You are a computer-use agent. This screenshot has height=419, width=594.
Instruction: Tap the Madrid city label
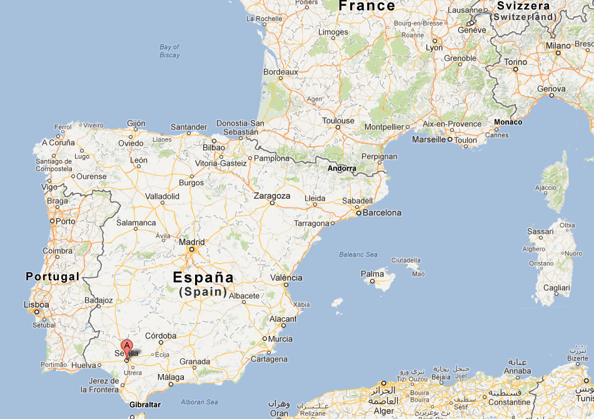[192, 242]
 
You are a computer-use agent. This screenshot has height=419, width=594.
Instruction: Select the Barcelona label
[382, 213]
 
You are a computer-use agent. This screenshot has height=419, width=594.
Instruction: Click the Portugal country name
[53, 276]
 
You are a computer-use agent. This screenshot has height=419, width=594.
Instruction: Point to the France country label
[366, 6]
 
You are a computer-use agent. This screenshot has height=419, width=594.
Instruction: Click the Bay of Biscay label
[169, 51]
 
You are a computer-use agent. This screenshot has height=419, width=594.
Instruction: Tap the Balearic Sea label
[358, 255]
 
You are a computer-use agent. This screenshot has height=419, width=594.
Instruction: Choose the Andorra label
[342, 168]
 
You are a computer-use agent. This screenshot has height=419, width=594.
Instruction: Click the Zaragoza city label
[272, 196]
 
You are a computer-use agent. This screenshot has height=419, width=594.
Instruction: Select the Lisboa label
[36, 305]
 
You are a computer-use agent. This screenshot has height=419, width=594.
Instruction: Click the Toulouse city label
[338, 121]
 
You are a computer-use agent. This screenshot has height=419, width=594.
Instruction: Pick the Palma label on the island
[373, 274]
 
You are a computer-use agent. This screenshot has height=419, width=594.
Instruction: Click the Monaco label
[507, 122]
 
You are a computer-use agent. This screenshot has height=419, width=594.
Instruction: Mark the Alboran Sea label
[199, 402]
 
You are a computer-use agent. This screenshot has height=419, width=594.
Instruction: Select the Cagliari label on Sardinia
[556, 288]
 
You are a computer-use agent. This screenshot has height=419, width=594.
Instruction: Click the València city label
[286, 278]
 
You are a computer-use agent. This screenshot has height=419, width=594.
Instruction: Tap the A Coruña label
[58, 143]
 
